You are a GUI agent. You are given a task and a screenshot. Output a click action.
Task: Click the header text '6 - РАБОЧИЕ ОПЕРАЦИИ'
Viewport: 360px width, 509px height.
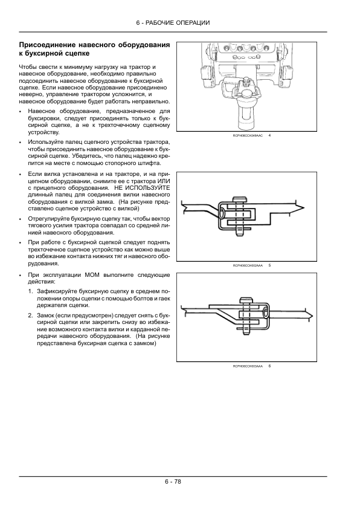pos(173,22)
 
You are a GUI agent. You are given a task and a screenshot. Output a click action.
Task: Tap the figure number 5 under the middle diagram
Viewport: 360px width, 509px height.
pos(269,265)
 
